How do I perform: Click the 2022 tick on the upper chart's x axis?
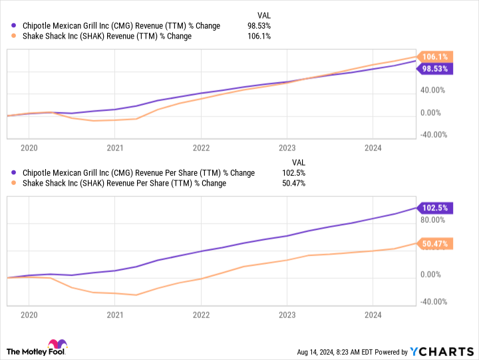coord(201,148)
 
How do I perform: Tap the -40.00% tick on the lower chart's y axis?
coord(434,301)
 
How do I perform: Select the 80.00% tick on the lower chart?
coord(433,220)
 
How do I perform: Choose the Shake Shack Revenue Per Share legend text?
coord(124,183)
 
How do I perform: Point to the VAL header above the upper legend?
coord(263,15)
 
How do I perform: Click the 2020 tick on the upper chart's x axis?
coord(29,148)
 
